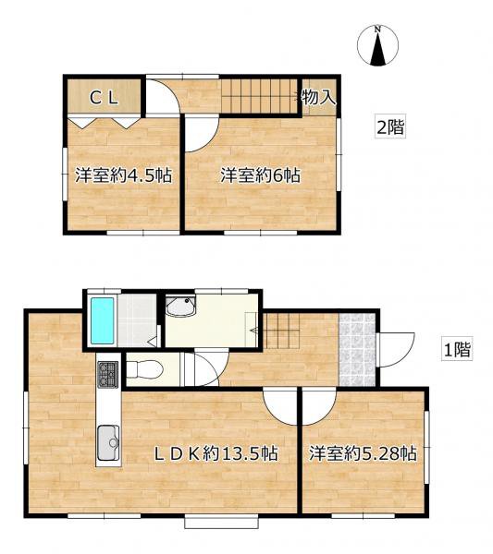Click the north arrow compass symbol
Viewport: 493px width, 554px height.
tap(377, 46)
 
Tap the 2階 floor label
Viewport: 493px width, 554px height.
tap(389, 126)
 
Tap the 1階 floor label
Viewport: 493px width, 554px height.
tap(457, 350)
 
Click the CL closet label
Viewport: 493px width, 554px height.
tap(104, 98)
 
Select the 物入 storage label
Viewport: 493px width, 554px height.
tap(318, 97)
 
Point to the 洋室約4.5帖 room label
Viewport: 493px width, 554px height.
tap(124, 175)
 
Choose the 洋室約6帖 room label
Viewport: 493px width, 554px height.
tap(261, 175)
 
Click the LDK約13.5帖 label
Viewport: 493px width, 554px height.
tap(216, 453)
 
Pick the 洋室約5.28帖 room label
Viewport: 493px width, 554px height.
tap(363, 453)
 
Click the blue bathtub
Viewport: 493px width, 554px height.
tap(103, 320)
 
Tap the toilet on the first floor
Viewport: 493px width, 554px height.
tap(144, 370)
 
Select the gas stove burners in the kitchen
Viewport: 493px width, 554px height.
tap(108, 375)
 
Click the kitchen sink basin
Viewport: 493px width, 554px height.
tap(108, 443)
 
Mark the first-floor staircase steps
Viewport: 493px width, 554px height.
tap(282, 331)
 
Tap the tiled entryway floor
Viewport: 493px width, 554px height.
tap(357, 349)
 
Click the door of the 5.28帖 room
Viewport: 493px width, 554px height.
tap(319, 406)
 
